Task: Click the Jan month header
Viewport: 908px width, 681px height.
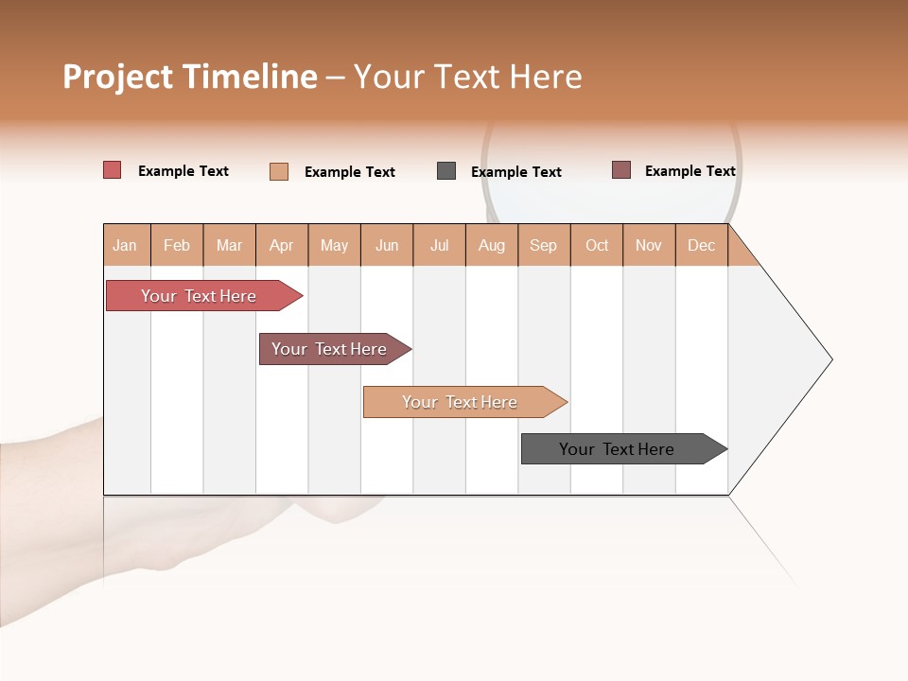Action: [x=126, y=245]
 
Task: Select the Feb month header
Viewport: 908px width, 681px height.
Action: [x=177, y=245]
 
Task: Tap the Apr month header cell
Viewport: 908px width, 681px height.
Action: [x=282, y=245]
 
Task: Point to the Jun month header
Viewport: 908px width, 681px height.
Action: [x=387, y=245]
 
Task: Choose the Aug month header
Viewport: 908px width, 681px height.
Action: [x=492, y=245]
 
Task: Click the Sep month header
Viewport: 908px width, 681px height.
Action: [x=544, y=245]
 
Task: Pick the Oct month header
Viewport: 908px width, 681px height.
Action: [x=597, y=245]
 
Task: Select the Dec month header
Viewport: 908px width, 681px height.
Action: [x=702, y=245]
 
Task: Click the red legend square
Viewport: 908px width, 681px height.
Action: [x=113, y=170]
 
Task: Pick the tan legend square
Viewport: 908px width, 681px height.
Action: [x=279, y=171]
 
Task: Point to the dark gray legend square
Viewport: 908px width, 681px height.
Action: [x=446, y=171]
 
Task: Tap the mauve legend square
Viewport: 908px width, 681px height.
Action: [x=621, y=170]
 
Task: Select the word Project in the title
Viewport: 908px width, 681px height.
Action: [x=117, y=77]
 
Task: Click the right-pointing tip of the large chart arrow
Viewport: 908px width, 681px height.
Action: [x=829, y=359]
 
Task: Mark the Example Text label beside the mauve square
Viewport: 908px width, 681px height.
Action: [x=690, y=171]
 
